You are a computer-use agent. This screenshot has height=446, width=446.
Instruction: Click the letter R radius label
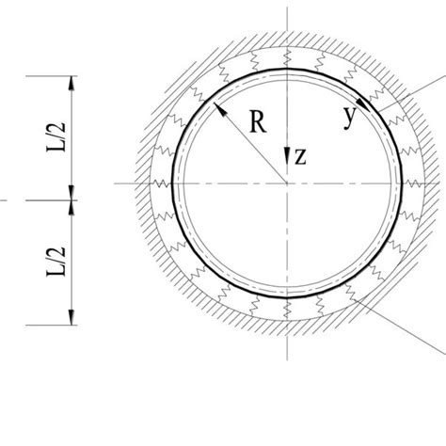coord(258,122)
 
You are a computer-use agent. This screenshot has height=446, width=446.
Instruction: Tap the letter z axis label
coord(300,156)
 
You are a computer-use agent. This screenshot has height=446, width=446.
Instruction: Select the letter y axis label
coord(350,118)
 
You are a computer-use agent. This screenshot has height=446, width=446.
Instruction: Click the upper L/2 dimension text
coord(56,137)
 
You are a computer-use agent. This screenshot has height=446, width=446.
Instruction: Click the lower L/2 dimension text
coord(56,262)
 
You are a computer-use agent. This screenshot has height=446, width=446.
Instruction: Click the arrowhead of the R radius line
coord(220,109)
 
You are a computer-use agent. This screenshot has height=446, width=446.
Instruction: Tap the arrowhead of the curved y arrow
coord(363,104)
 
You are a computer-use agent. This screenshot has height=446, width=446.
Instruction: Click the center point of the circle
coord(287,183)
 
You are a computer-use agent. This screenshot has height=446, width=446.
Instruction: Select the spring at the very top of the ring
coord(287,58)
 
